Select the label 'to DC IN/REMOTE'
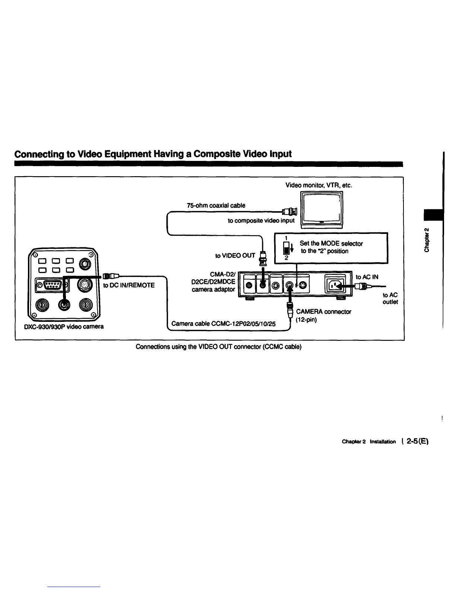(129, 285)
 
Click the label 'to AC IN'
(367, 277)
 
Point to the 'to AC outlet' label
(390, 298)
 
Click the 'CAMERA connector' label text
(323, 312)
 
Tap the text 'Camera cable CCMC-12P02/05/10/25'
(224, 324)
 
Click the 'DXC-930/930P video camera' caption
(63, 327)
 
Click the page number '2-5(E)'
(418, 442)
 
